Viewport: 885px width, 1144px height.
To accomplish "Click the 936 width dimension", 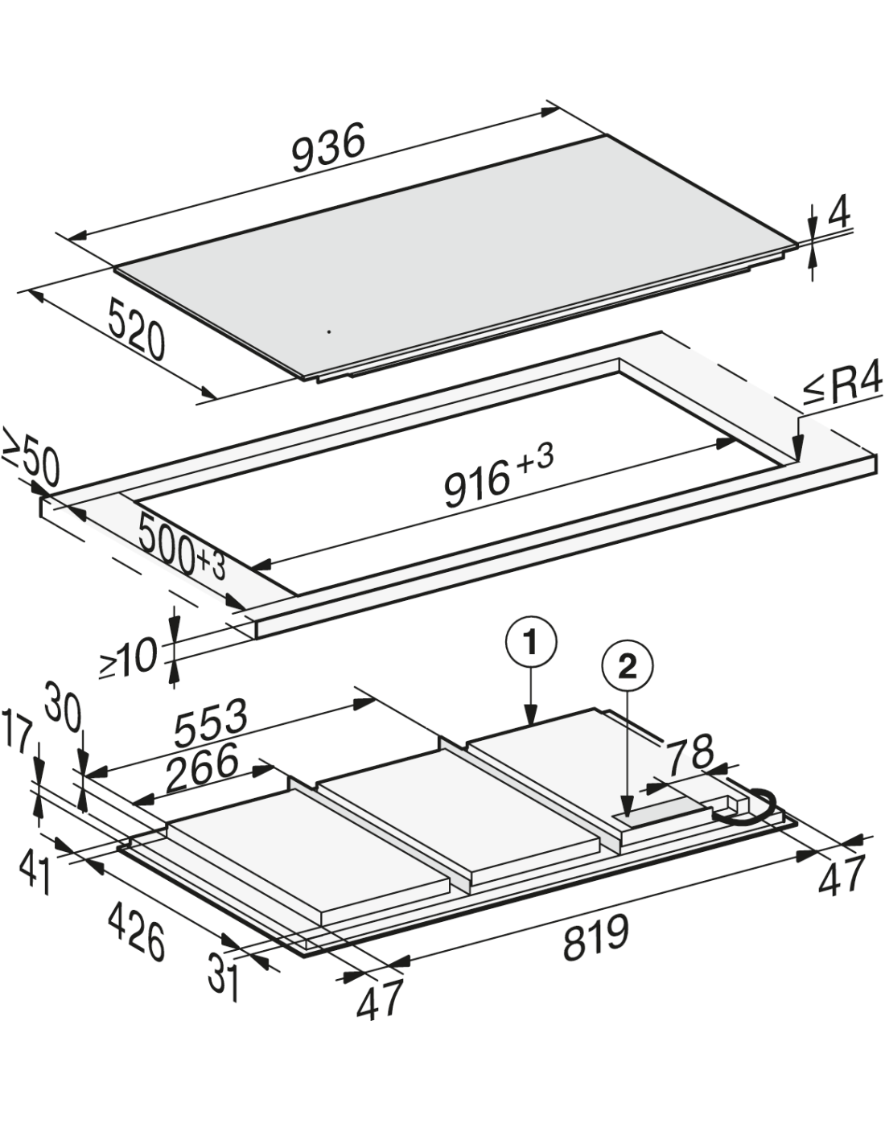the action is click(x=328, y=148).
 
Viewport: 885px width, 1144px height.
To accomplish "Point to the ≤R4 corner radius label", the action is click(x=842, y=387).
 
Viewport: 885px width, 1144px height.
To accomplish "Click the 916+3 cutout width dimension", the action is click(x=498, y=478).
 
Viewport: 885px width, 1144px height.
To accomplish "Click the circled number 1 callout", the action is click(x=531, y=644).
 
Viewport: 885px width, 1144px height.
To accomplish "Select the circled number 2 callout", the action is click(x=627, y=666).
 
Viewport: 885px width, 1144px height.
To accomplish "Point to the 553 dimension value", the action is click(x=210, y=723).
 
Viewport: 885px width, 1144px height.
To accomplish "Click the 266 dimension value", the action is click(x=202, y=767).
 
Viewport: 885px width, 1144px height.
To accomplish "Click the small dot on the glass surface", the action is click(x=329, y=331).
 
